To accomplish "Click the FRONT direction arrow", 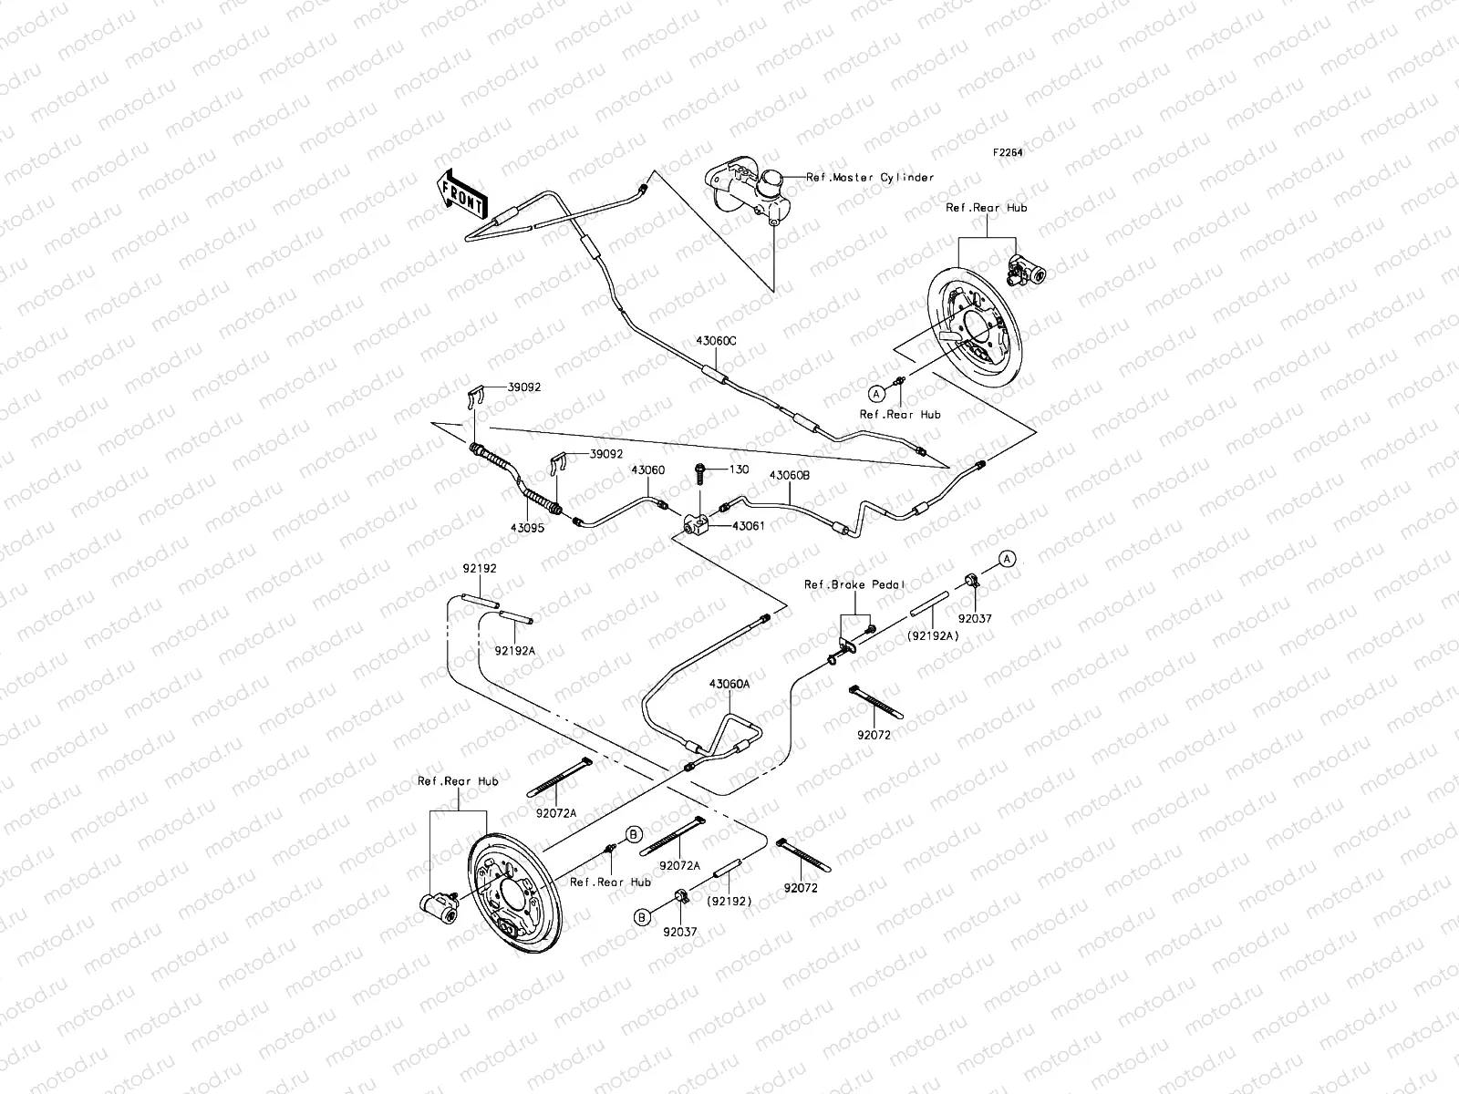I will (462, 195).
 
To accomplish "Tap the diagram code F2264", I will (1008, 153).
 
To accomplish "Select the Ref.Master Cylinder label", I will (870, 178).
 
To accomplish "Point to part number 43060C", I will (716, 340).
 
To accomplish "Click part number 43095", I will (526, 527).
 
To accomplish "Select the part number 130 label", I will (739, 470).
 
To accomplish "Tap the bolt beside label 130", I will (701, 474).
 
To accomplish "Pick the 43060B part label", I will (790, 475).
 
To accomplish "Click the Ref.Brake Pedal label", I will (841, 584).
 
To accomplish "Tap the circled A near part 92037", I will (1006, 558).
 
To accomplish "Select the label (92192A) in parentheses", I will (931, 635).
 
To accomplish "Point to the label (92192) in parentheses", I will (728, 902).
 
